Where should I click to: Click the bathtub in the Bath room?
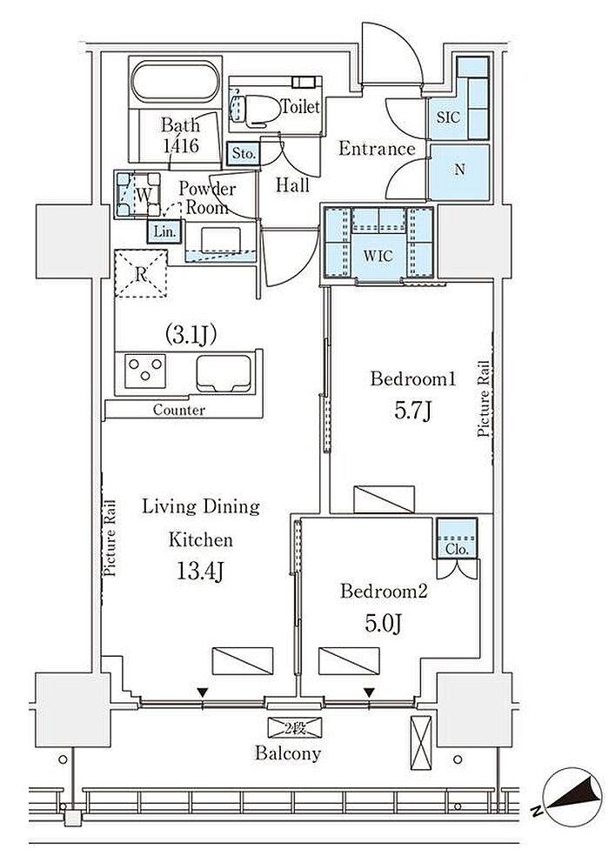click(x=175, y=82)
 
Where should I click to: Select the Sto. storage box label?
click(x=244, y=153)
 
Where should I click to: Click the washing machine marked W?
click(x=138, y=194)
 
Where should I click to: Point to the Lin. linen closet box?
click(x=164, y=231)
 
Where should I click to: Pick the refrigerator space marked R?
click(x=141, y=273)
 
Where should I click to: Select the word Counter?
click(x=179, y=410)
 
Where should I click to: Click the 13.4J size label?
click(x=200, y=572)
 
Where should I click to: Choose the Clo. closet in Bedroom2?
click(x=457, y=538)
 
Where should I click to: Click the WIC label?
click(x=378, y=256)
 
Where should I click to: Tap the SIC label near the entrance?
click(x=448, y=117)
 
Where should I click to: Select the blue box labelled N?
click(x=459, y=171)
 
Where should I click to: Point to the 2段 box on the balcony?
click(x=295, y=728)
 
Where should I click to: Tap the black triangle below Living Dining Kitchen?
click(x=204, y=692)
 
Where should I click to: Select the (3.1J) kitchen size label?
click(x=191, y=334)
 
